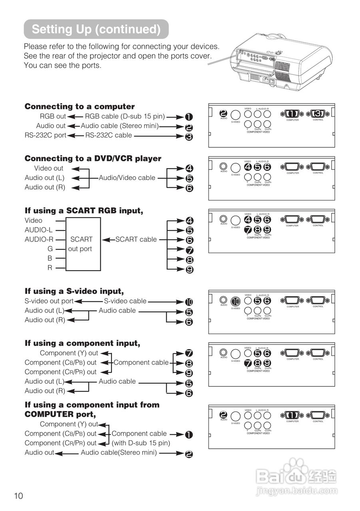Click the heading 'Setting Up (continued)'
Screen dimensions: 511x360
(x=96, y=29)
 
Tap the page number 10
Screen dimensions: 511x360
(x=18, y=496)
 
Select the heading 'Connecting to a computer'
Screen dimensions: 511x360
(x=80, y=107)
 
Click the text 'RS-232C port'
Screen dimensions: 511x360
(x=46, y=135)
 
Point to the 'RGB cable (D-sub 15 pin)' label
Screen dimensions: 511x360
(x=125, y=117)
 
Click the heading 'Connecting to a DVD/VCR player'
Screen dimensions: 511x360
(x=93, y=158)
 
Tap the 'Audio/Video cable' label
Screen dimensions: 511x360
(x=127, y=178)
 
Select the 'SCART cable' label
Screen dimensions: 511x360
(x=136, y=240)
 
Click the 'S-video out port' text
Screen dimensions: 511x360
(x=49, y=301)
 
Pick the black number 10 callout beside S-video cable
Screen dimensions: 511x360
(x=189, y=302)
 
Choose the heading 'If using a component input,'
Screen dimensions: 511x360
(x=82, y=343)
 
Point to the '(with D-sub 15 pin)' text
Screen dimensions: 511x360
(x=141, y=443)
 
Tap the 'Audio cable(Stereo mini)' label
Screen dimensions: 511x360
(x=119, y=453)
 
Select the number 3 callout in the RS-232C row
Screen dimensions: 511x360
(x=189, y=137)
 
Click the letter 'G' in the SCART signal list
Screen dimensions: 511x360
(x=50, y=249)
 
